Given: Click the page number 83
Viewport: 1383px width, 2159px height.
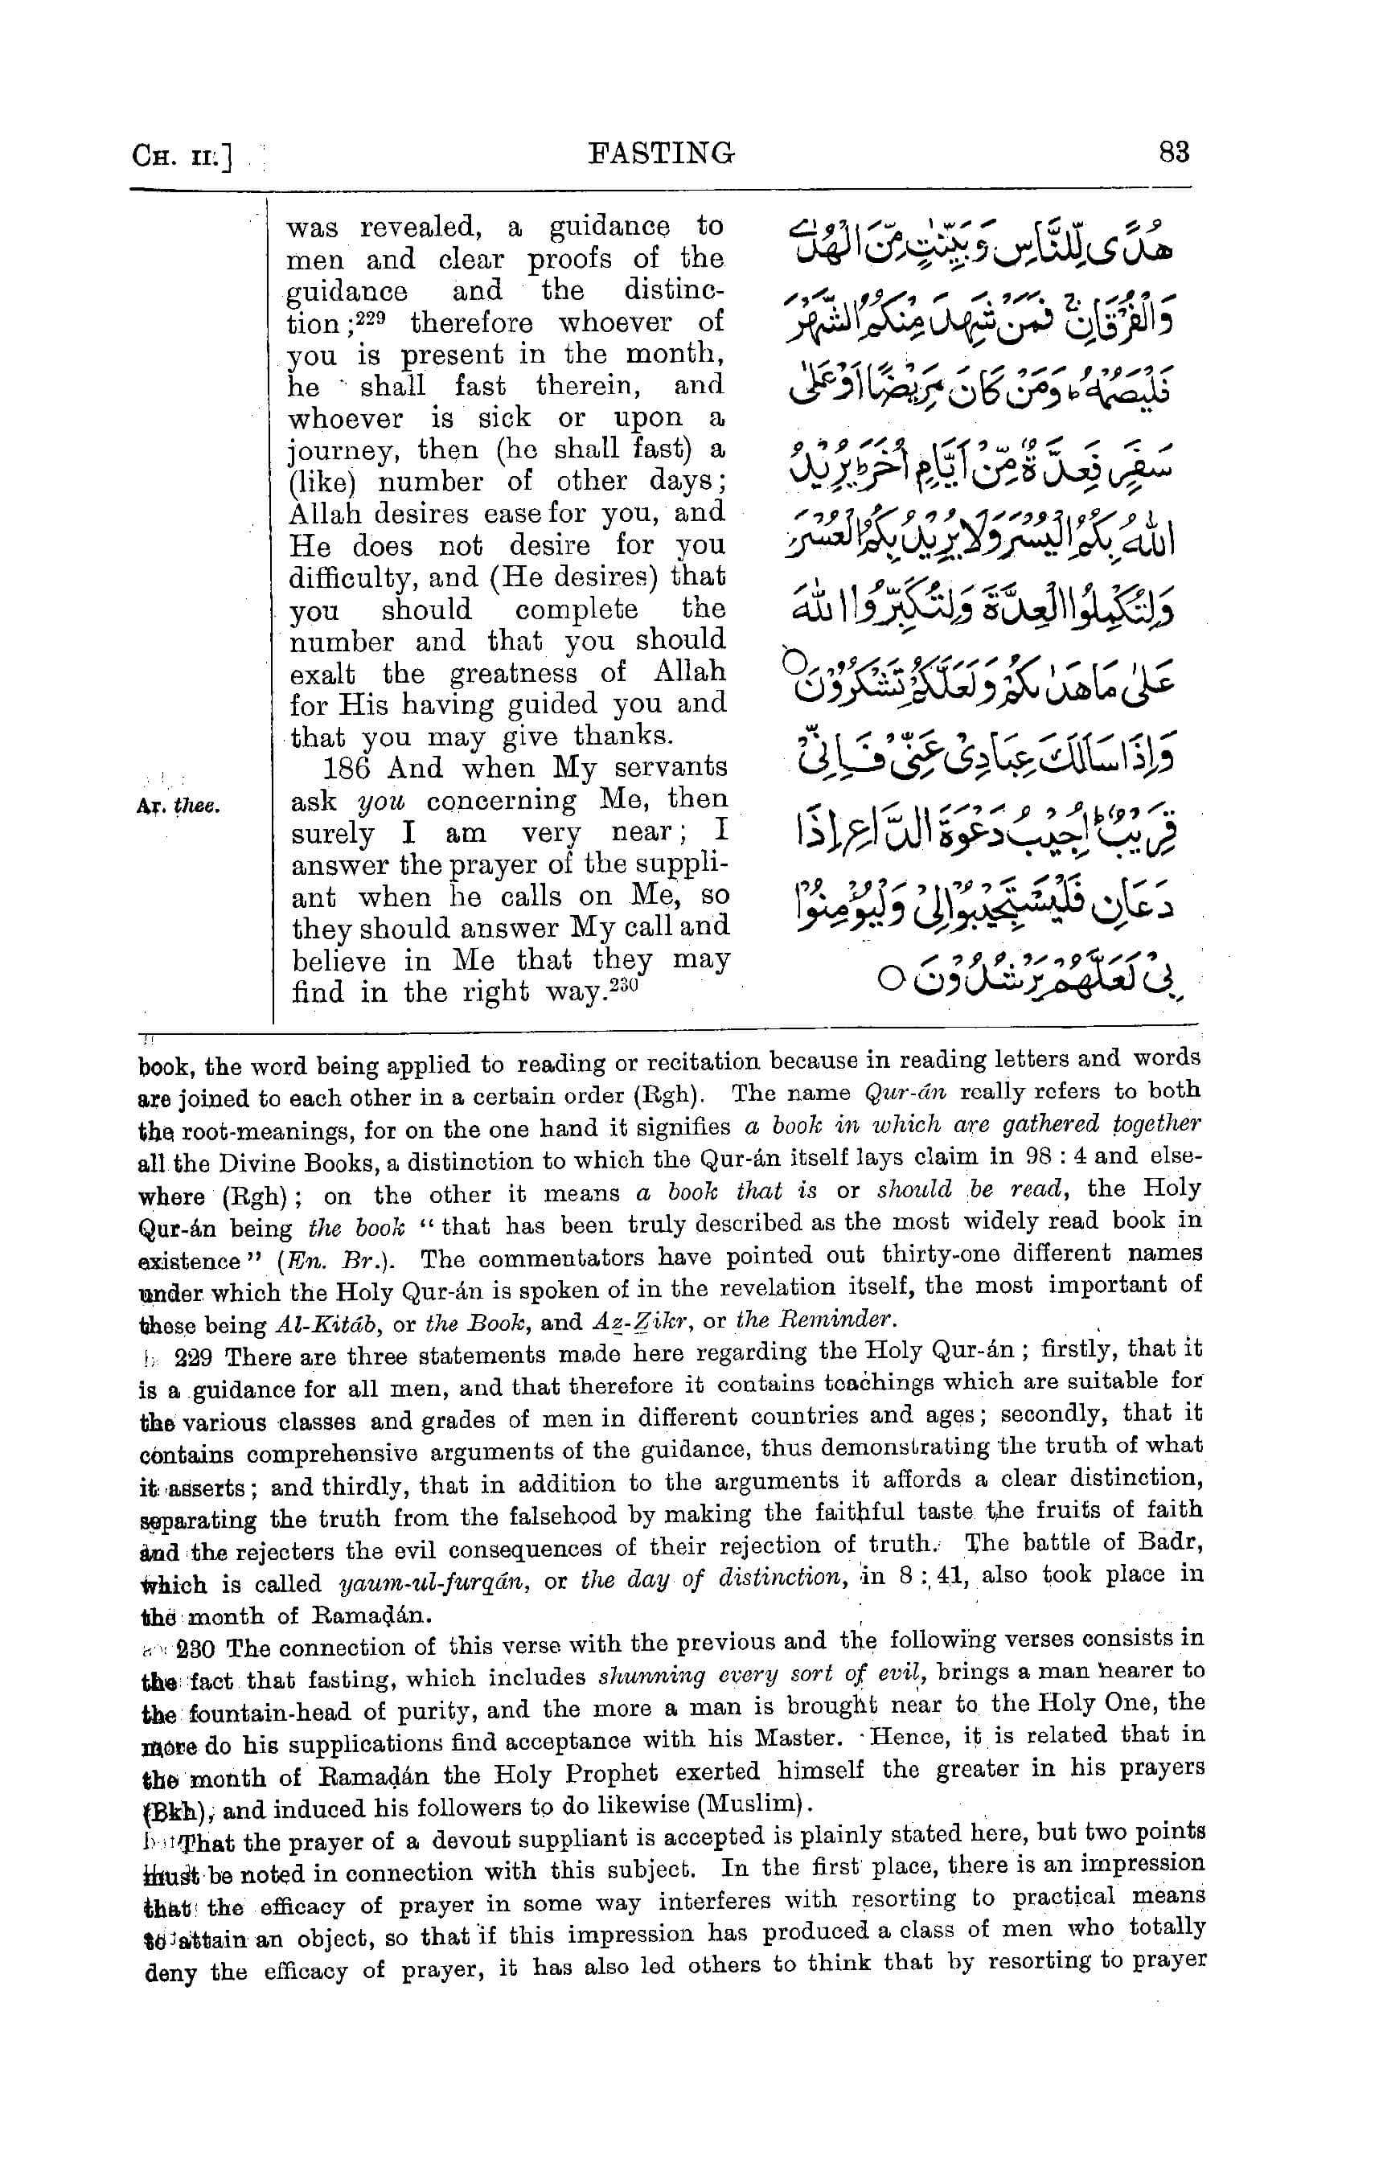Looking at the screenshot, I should [x=1173, y=153].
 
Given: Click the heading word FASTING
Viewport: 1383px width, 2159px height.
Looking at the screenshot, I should [x=661, y=154].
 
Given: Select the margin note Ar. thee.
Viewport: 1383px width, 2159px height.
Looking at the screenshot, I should [x=179, y=807].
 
